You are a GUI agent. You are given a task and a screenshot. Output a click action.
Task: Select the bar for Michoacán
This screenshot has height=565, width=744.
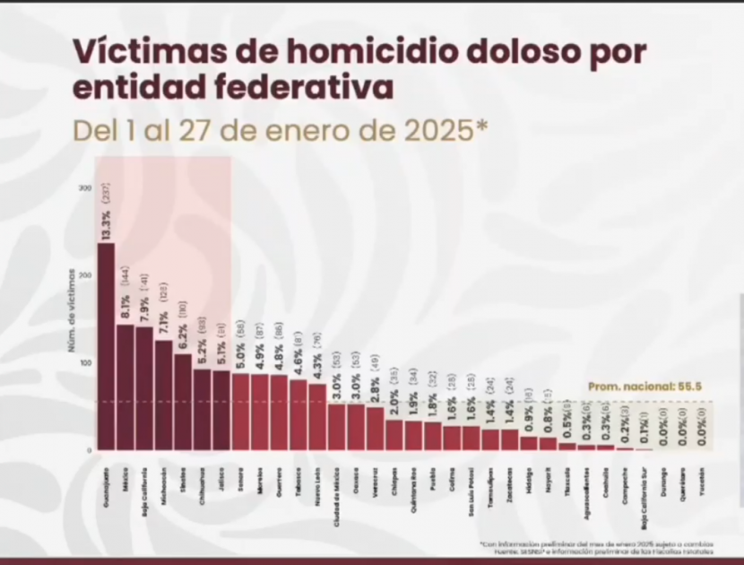click(x=163, y=395)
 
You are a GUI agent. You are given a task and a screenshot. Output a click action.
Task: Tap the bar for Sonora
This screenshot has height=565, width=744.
click(x=240, y=412)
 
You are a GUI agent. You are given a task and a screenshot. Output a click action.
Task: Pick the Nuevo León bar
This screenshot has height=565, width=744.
click(x=317, y=416)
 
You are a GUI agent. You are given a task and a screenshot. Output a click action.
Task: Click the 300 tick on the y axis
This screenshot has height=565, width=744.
click(x=85, y=187)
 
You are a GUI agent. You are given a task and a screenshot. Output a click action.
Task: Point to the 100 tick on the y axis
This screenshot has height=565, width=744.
click(x=85, y=363)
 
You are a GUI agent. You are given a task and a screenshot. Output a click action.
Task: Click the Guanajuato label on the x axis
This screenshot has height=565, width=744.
click(x=106, y=482)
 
